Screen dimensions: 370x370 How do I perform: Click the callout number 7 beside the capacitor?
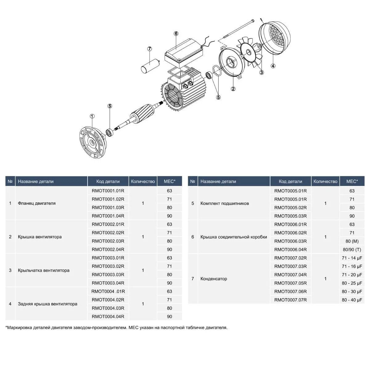150,49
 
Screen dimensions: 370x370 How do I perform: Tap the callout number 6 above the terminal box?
176,33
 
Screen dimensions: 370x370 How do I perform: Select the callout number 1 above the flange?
92,116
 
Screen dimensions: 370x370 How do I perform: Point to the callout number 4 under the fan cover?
273,66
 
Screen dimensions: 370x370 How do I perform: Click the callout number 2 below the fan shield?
233,89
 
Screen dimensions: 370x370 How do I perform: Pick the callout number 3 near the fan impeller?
261,72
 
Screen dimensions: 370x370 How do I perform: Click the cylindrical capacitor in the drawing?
150,65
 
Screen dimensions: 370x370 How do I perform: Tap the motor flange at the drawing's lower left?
92,142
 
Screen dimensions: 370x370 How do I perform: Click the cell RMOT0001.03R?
108,208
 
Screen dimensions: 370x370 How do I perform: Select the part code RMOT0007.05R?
290,283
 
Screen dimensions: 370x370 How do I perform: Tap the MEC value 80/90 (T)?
352,249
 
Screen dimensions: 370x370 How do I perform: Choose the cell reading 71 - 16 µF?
352,266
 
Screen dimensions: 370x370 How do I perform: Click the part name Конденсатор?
214,279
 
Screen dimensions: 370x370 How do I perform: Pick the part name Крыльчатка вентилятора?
43,270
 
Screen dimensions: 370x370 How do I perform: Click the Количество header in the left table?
143,181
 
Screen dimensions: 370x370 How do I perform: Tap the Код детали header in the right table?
290,181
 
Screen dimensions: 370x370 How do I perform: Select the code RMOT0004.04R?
108,316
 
